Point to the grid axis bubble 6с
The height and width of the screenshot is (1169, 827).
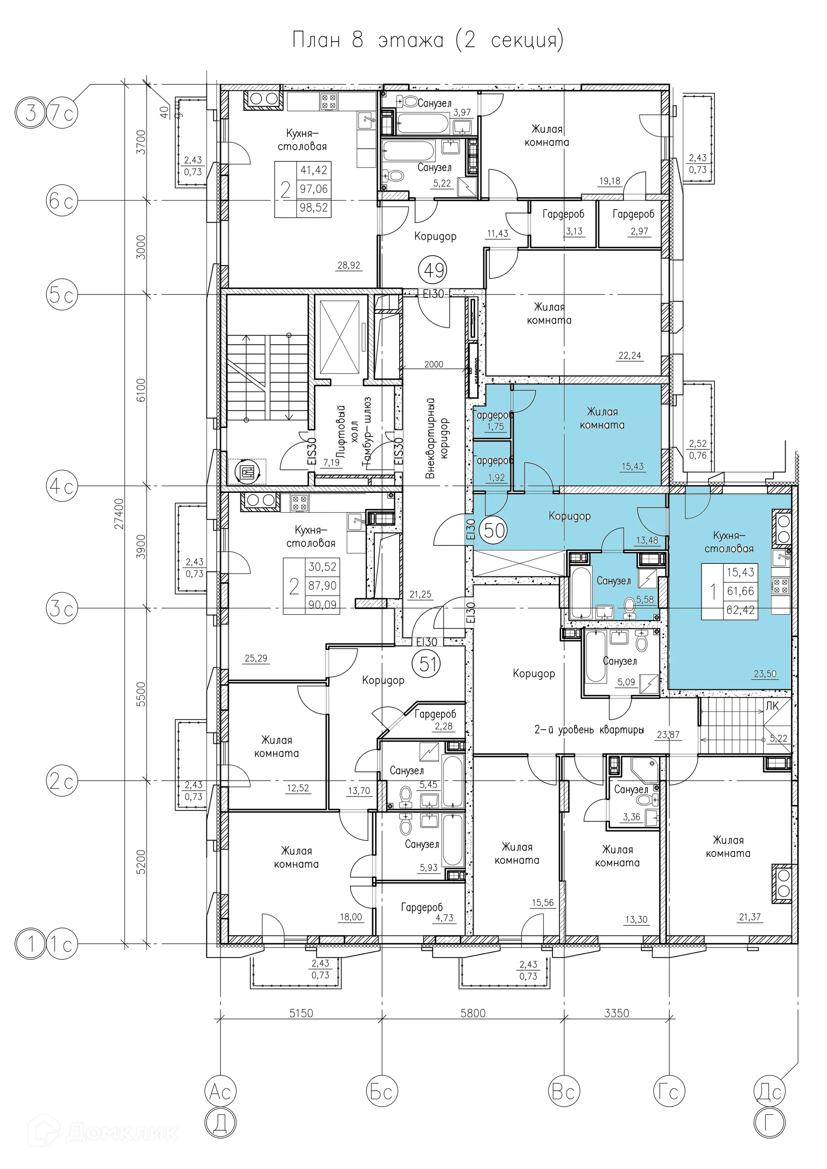[x=62, y=201]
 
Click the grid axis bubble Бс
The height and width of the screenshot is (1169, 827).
[x=382, y=1091]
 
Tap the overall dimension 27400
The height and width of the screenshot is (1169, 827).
[x=119, y=513]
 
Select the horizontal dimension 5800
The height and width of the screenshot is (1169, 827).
[x=473, y=1013]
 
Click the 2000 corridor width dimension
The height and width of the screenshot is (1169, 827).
[x=434, y=364]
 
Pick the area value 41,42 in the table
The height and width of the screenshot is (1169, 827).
[x=314, y=170]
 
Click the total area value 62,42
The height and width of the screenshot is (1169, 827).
[x=740, y=609]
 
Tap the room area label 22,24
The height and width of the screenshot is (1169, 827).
[x=629, y=356]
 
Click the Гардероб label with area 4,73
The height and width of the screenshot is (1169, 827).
[x=423, y=907]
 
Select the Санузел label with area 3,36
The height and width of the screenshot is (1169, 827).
[x=631, y=790]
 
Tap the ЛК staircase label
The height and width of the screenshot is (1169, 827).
[x=772, y=706]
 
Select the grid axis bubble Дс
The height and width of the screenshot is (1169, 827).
[x=770, y=1091]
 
